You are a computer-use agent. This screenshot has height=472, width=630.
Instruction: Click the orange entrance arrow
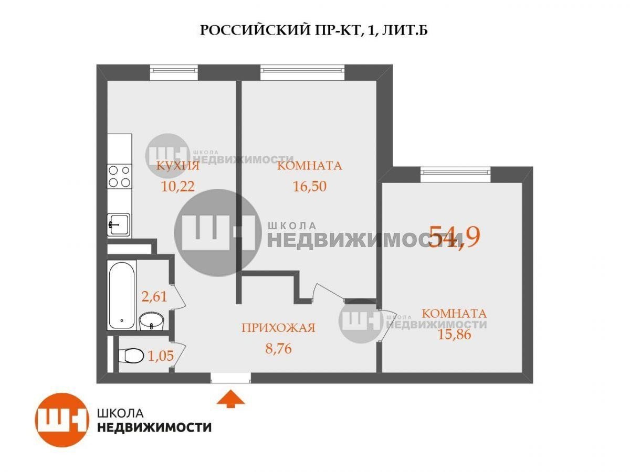(x=230, y=399)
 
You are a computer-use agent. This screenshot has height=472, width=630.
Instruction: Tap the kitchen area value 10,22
(x=178, y=187)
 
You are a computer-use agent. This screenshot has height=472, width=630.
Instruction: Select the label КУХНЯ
(x=177, y=166)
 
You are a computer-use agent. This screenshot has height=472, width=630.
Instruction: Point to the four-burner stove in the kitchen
(x=119, y=176)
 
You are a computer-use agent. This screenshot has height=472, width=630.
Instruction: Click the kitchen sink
(x=119, y=225)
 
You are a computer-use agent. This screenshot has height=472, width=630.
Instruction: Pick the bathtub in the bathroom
(x=122, y=295)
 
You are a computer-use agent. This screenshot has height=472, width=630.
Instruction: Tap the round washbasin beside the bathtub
(x=151, y=321)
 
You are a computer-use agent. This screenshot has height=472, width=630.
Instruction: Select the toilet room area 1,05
(x=161, y=356)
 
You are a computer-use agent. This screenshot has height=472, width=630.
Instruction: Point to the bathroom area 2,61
(x=154, y=297)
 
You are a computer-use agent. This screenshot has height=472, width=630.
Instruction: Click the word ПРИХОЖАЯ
(x=278, y=328)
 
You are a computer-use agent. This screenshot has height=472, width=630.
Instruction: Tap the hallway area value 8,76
(x=278, y=349)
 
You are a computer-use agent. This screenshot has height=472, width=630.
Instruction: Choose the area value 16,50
(x=310, y=186)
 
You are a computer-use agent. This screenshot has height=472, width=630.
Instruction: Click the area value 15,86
(x=454, y=335)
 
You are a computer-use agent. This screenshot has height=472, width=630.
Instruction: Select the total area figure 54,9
(x=454, y=236)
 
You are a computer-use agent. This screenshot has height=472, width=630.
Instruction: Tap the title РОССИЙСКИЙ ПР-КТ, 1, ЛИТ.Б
(x=314, y=30)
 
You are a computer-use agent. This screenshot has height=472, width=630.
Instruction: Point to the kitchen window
(x=174, y=72)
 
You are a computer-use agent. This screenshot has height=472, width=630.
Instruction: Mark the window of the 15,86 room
(x=456, y=175)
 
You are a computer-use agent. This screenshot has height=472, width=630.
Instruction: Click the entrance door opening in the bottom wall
(x=231, y=378)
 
